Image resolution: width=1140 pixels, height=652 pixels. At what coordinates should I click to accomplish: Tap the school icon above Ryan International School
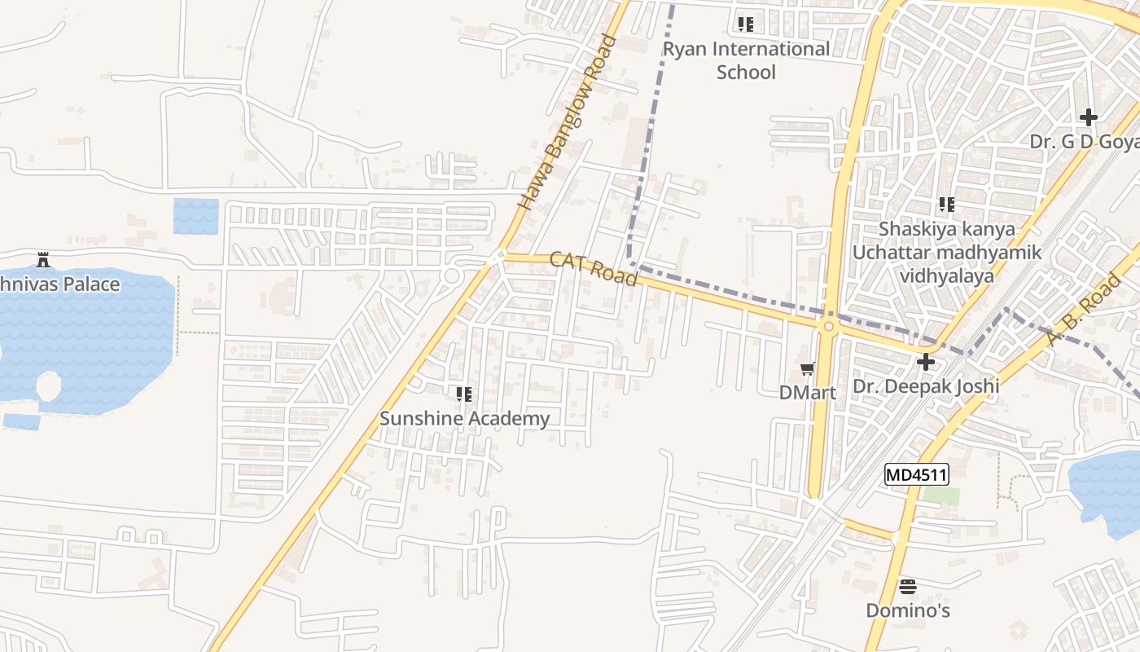(745, 24)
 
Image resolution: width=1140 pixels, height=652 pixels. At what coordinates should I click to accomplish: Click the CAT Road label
(593, 268)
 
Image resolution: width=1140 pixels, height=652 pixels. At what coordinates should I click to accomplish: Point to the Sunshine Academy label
(464, 419)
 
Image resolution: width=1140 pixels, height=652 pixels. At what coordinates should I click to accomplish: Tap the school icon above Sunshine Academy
(464, 395)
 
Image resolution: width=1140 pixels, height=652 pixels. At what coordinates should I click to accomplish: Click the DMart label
(808, 392)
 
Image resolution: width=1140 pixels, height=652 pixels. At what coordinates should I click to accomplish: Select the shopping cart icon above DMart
(808, 369)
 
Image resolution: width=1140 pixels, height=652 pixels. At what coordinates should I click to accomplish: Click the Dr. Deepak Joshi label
(926, 385)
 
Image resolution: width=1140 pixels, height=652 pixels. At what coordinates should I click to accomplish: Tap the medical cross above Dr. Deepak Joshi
(926, 362)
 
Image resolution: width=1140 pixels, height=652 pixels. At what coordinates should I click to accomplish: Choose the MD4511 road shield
(917, 474)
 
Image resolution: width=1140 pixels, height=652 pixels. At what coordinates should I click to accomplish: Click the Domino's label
(908, 610)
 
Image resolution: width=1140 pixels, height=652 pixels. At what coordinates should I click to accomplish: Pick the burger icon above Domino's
(908, 586)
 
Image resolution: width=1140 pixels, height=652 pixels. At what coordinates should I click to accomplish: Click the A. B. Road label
(1083, 310)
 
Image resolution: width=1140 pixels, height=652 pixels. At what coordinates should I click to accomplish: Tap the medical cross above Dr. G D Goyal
(1089, 117)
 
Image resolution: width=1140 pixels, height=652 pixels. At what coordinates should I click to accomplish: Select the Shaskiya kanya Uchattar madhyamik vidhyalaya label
(946, 252)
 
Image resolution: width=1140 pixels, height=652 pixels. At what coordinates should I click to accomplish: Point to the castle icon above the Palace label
(43, 261)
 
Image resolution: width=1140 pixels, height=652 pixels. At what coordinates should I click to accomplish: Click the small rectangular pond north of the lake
(196, 216)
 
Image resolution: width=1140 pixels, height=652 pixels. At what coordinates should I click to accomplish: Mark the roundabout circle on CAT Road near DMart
(828, 327)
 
